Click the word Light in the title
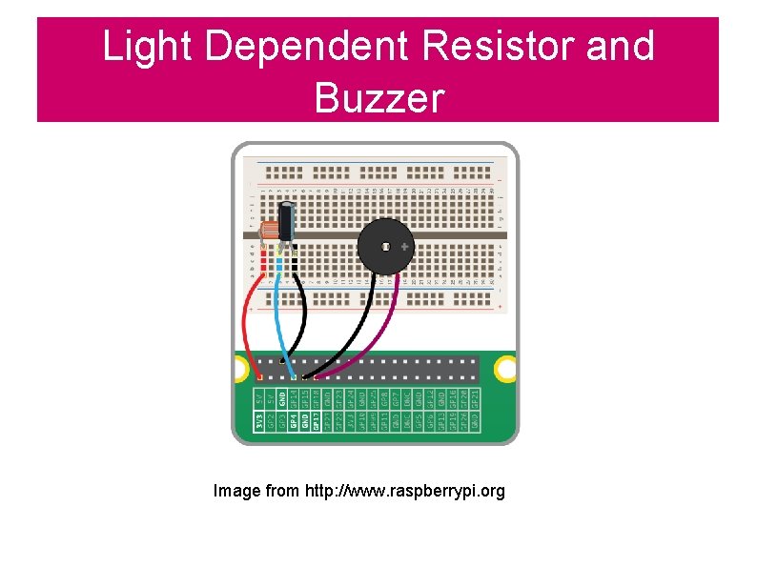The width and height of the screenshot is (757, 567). pos(144,46)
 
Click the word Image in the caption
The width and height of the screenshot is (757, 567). pos(236,491)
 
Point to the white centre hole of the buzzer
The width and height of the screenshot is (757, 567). pos(384,247)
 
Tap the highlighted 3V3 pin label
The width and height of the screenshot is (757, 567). pos(259,419)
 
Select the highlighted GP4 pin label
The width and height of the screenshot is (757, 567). pos(293,419)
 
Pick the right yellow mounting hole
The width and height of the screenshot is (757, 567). pos(506,367)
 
